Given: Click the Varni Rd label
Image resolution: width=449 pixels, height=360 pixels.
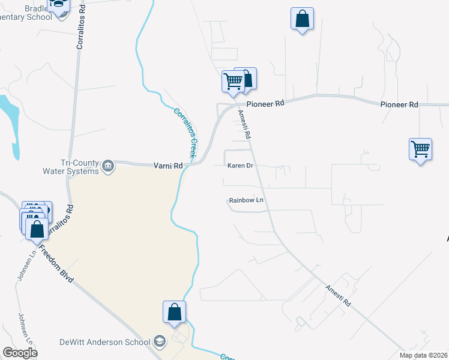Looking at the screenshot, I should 168,166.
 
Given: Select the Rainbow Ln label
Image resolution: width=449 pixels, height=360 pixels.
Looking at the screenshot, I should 246,200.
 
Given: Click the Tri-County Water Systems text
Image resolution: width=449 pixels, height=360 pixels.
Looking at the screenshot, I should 79,167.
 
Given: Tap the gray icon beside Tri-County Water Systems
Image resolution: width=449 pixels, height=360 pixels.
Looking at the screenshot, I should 108,166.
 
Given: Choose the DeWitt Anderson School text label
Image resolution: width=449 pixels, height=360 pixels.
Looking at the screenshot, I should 105,342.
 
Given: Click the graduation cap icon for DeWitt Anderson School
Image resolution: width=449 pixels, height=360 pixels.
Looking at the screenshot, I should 160,342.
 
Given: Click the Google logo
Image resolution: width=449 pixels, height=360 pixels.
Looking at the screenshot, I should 20,353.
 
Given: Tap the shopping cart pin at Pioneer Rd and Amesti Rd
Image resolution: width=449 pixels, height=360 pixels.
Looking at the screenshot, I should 232,80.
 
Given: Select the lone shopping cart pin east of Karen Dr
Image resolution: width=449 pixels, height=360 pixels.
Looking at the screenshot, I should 420,149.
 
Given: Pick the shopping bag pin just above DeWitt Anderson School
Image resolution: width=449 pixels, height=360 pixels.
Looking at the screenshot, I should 174,312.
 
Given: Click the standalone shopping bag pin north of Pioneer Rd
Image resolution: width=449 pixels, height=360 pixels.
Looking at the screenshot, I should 302,19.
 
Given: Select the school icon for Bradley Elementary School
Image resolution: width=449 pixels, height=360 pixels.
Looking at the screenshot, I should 59,5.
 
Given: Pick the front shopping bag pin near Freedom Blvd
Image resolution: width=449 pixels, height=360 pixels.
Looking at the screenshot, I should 37,229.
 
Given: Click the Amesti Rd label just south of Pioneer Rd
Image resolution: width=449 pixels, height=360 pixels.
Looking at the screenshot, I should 244,125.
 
